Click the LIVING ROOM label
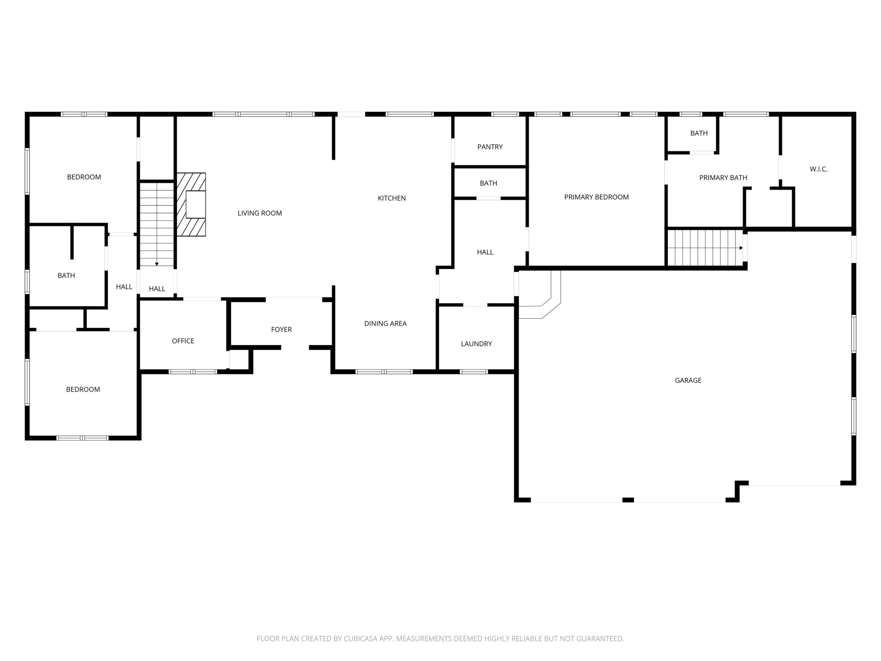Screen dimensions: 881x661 [260, 213]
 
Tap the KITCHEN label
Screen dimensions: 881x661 [392, 198]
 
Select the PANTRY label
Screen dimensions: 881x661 [490, 147]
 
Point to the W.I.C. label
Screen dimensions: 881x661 [818, 169]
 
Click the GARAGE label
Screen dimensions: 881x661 [688, 380]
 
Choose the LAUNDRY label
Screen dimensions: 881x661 [476, 344]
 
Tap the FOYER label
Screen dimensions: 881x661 [281, 329]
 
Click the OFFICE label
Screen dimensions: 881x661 [183, 341]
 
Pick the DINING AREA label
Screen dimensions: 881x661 [385, 323]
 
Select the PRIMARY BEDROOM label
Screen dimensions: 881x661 [596, 197]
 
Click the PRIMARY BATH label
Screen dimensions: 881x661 [723, 177]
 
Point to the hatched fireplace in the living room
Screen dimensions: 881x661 [191, 204]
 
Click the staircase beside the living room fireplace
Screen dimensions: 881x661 [157, 224]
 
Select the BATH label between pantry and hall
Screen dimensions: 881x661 [488, 183]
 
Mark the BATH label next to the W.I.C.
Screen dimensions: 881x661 [699, 133]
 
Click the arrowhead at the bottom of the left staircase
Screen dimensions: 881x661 [157, 264]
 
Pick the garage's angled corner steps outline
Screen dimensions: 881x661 [540, 295]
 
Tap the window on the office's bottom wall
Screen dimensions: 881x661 [193, 372]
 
